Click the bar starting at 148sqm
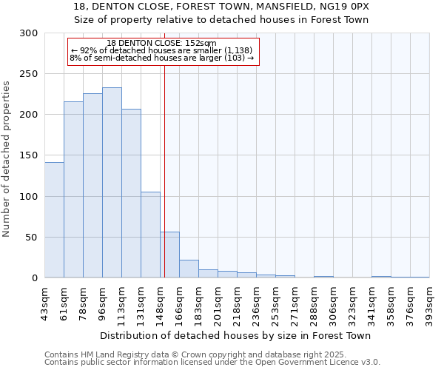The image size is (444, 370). pos(170,255)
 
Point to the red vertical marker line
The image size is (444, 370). pos(164,170)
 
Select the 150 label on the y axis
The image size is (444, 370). pos(29,155)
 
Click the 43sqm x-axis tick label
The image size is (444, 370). pos(45,299)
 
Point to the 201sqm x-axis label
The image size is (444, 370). pos(218,299)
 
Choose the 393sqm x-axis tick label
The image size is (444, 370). pos(430,299)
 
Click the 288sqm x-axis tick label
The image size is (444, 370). pos(314,299)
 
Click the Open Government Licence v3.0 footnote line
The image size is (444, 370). pos(212,363)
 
